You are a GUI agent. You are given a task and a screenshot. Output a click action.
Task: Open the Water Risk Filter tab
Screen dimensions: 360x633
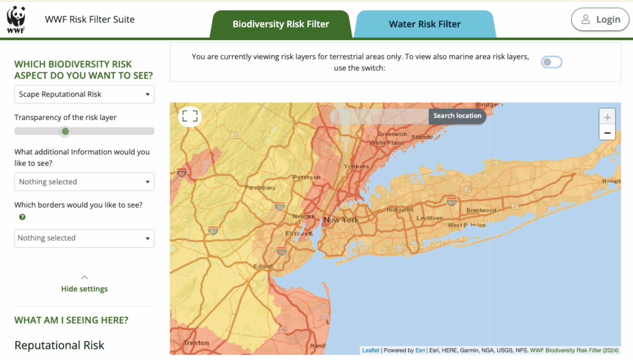425,24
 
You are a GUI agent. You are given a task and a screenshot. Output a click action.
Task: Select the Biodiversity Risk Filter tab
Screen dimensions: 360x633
281,24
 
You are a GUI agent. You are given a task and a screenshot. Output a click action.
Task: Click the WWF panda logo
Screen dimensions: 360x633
16,19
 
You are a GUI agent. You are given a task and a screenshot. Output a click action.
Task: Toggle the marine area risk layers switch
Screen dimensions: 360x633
551,62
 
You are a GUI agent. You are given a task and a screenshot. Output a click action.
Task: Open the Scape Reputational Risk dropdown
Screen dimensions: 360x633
84,94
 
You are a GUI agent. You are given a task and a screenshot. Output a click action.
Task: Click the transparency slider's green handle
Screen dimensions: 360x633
65,131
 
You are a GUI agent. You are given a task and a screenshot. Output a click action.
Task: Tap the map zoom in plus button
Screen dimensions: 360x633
607,117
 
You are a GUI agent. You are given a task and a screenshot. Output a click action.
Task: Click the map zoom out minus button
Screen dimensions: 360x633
607,132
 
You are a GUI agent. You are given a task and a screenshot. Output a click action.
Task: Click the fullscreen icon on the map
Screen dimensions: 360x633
190,116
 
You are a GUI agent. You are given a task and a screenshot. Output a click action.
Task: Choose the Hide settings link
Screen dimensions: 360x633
85,289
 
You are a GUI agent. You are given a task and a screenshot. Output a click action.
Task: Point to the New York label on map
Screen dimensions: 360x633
341,220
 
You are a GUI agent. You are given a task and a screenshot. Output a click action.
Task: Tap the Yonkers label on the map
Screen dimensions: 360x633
356,166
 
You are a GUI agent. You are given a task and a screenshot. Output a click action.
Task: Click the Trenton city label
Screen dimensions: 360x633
196,343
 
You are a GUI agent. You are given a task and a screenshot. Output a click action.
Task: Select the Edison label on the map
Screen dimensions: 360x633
263,267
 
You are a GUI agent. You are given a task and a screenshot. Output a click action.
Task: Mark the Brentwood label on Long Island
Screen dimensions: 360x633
481,210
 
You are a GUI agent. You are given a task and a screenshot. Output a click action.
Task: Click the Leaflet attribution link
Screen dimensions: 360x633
371,350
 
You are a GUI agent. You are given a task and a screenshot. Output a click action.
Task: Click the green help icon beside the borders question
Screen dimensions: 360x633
22,217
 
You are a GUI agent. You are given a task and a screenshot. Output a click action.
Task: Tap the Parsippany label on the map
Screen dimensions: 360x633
259,187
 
